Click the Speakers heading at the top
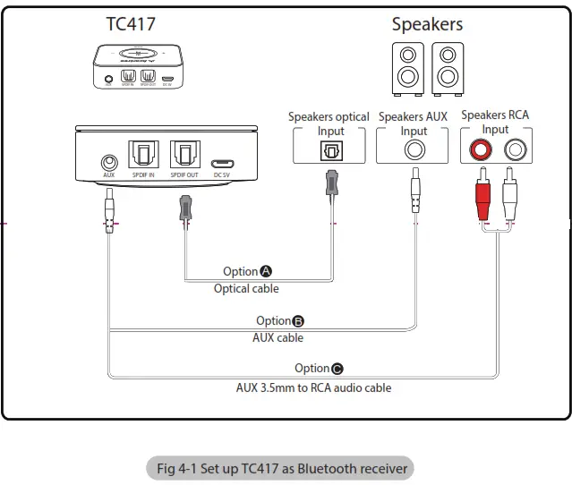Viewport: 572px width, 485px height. [x=427, y=23]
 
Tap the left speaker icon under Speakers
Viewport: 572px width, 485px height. [x=407, y=67]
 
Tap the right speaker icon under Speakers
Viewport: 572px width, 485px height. [x=448, y=67]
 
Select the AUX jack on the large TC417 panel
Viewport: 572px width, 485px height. [x=109, y=163]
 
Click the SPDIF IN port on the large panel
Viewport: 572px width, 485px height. [x=144, y=157]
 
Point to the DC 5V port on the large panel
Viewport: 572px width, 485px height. [x=222, y=164]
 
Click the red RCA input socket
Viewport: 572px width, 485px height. [x=474, y=150]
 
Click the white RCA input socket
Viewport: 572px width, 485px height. [x=515, y=150]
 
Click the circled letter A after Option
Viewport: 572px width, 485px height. [x=266, y=271]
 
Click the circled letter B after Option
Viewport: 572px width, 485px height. [x=299, y=320]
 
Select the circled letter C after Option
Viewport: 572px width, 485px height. [x=337, y=368]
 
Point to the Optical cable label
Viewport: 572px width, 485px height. [x=246, y=288]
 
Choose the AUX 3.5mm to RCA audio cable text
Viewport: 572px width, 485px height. [x=313, y=387]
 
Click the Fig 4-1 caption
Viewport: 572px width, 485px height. [x=281, y=468]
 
